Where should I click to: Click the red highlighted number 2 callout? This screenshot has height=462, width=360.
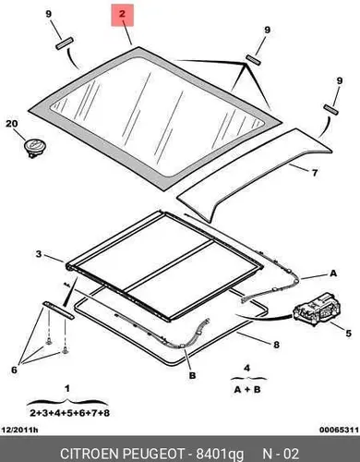coord(122,15)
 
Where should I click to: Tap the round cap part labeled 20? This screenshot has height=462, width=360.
coord(36,147)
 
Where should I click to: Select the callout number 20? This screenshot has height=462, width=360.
coord(12,124)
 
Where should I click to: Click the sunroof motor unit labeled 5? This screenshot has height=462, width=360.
coord(317,310)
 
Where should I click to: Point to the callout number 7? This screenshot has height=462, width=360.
coord(315,173)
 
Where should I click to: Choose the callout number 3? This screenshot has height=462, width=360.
coord(39,254)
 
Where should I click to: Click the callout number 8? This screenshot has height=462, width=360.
coord(276,345)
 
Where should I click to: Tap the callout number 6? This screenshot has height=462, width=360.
coord(14,370)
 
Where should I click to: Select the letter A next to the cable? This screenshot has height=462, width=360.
coord(333,274)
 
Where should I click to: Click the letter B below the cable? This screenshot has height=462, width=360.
coord(192,375)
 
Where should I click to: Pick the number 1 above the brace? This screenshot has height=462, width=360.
coord(67,389)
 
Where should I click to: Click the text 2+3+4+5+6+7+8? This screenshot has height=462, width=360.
coord(70,413)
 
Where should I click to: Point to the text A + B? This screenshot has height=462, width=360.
coord(247,390)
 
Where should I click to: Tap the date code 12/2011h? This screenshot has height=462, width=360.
coord(20,430)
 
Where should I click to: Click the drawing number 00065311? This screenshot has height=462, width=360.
coord(339,430)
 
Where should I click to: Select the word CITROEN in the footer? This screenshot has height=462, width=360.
coord(90,454)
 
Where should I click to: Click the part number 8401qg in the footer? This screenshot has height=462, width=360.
coord(220,455)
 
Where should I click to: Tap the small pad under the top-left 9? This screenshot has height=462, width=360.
coord(65,43)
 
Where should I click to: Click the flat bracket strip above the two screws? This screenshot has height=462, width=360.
coord(58,310)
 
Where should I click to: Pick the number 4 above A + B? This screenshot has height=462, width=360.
coord(247,368)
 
